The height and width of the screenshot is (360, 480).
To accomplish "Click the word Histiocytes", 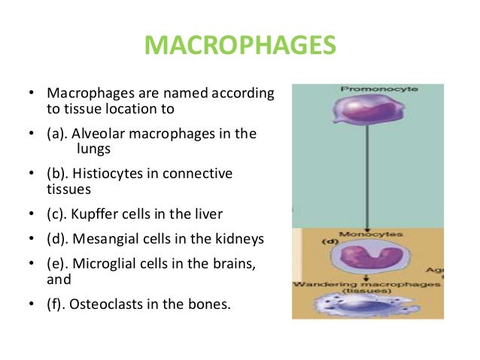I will point(105,174).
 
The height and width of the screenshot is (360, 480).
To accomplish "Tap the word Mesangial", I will point(104,240).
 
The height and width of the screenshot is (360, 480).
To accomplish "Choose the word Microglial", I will point(104,265).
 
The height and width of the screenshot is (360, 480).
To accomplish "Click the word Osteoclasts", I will point(105,306).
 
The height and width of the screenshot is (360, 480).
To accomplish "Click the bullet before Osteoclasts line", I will point(31,306).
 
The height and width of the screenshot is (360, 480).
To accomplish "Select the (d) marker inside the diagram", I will point(309,243).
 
